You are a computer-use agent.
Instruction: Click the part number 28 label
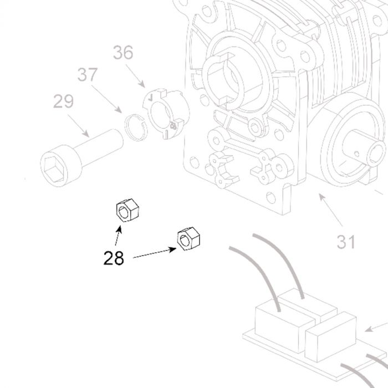pos(114,258)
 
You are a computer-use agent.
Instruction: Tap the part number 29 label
pos(63,101)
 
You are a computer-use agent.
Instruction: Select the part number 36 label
pos(123,53)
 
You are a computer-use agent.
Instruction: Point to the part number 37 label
pos(88,74)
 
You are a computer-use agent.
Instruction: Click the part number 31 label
pos(346,242)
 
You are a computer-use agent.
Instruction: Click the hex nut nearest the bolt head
pos(127,210)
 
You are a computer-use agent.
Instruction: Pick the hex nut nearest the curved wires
pos(188,239)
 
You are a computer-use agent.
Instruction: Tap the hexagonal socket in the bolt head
pos(54,169)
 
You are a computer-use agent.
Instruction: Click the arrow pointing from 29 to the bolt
pos(78,126)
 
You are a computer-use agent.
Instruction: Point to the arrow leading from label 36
pos(135,76)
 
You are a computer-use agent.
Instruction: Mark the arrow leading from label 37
pos(106,99)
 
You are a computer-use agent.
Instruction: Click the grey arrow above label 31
pos(330,210)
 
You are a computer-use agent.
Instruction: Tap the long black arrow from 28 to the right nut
pos(155,253)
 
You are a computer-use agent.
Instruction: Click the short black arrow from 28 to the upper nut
pos(118,236)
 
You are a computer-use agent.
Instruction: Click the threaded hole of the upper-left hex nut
pos(123,212)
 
